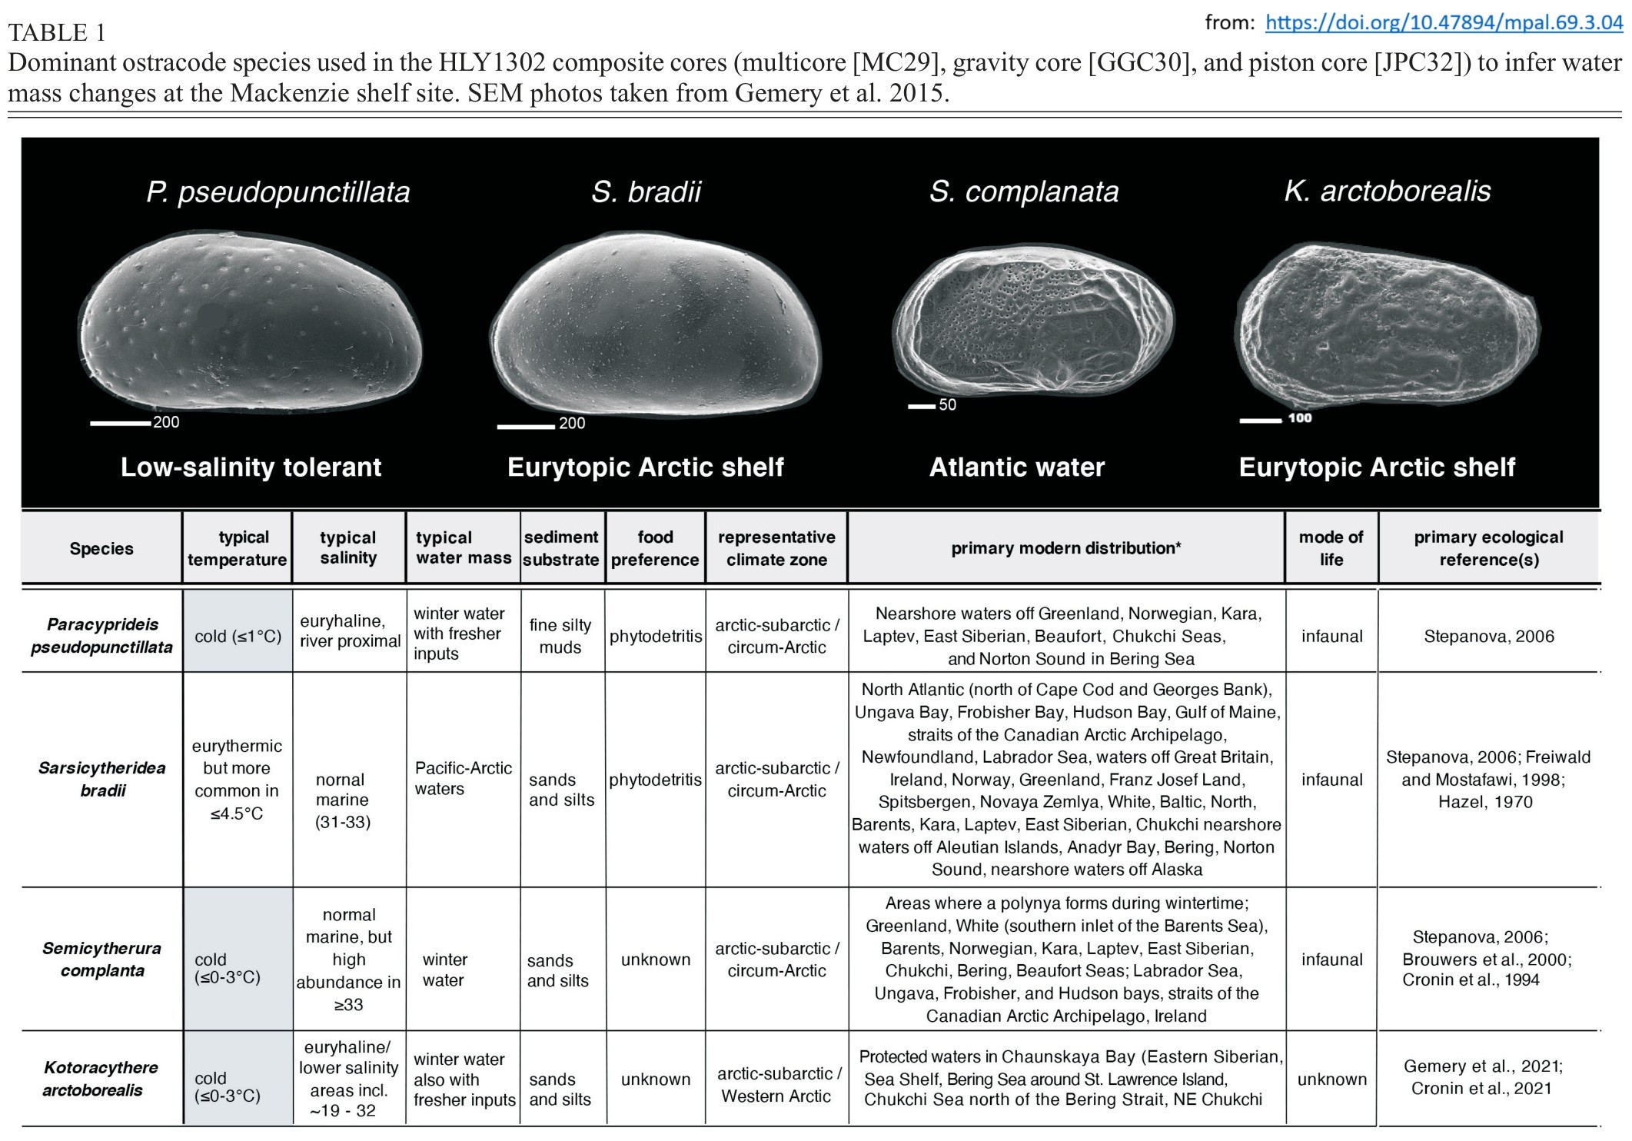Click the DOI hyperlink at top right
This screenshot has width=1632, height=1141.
1444,22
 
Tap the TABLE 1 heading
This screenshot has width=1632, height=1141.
57,32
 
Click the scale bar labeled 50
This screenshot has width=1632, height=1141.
921,406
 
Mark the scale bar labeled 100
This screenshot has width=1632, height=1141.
1260,421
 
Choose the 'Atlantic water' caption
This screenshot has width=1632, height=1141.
1016,467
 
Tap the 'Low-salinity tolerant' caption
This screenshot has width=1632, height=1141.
251,467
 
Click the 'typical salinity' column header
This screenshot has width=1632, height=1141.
348,547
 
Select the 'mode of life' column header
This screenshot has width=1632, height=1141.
1331,547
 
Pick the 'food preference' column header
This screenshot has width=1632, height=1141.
655,547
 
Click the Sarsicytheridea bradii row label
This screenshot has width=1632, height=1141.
102,779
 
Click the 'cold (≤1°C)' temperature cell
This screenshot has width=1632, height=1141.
238,636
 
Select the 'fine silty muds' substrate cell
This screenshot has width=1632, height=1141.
560,636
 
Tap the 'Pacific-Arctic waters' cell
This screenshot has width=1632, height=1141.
463,778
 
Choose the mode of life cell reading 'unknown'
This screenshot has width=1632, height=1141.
1331,1079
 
